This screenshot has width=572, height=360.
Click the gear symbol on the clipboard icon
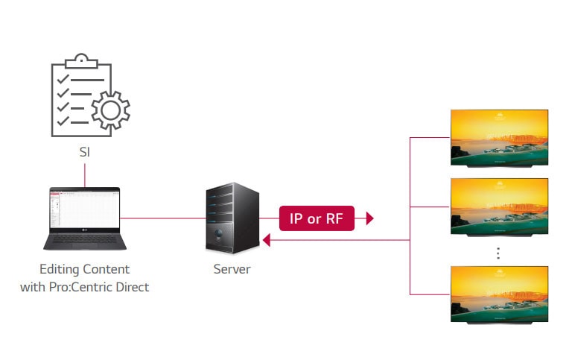[109, 110]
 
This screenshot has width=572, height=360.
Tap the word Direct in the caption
[131, 286]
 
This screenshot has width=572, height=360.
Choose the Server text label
[232, 269]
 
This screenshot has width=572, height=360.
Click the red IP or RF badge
[317, 218]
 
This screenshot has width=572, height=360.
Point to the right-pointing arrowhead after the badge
[369, 218]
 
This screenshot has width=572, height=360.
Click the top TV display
[498, 137]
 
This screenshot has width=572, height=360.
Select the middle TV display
[498, 206]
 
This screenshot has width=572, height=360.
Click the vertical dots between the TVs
[498, 253]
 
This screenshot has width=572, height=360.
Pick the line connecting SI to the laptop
[85, 174]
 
